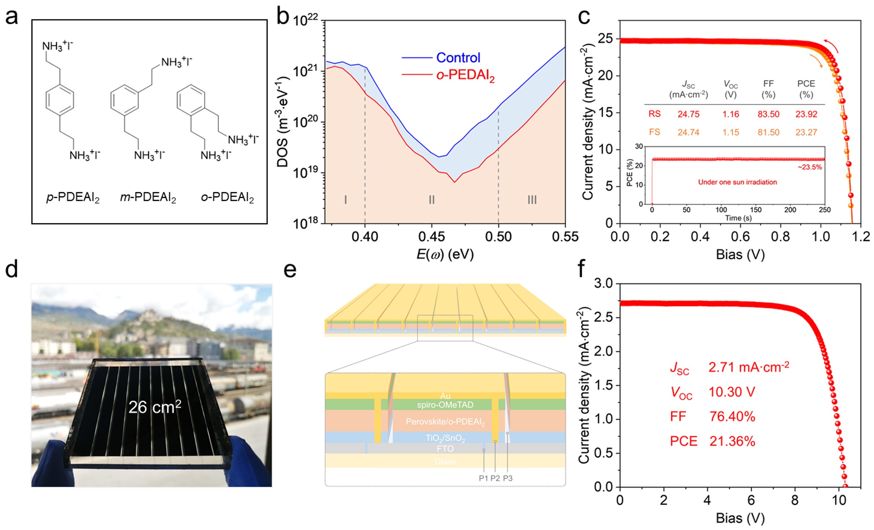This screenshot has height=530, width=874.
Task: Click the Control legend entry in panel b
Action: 458,57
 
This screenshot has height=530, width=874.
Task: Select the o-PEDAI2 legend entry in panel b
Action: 465,75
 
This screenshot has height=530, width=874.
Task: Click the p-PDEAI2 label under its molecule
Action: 73,197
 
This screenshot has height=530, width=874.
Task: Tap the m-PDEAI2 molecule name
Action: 148,197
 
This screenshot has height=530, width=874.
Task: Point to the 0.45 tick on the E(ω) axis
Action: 432,237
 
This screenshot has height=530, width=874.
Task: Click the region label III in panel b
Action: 532,200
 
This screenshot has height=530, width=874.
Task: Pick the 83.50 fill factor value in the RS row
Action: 768,114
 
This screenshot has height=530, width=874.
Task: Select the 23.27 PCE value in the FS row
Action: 806,132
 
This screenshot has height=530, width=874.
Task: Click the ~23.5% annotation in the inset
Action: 809,167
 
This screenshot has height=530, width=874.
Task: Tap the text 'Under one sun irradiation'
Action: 737,182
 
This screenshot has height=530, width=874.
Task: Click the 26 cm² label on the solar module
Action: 155,407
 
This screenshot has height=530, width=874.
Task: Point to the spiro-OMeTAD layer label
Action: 445,405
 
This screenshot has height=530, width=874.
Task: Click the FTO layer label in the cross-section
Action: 445,449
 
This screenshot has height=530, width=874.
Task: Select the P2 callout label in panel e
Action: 495,478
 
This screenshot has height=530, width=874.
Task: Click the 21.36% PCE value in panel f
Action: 732,441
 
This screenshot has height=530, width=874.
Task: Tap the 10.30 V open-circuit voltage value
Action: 731,392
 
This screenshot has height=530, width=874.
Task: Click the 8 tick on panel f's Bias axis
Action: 795,500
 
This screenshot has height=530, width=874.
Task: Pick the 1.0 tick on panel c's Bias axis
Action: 821,237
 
